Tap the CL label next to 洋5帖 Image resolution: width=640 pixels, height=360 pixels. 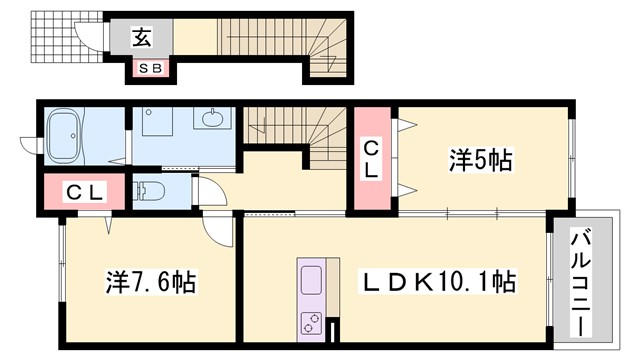tap(370, 160)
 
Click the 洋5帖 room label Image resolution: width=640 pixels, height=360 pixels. tap(480, 158)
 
